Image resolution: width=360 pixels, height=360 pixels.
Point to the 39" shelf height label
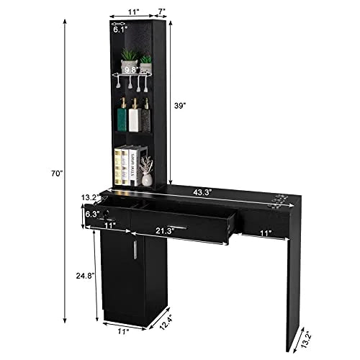click(x=182, y=104)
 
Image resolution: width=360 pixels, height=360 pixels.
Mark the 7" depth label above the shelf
click(x=163, y=11)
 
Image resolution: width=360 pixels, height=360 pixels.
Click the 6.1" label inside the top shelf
click(x=120, y=31)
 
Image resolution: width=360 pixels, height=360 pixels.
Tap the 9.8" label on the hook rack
click(x=132, y=70)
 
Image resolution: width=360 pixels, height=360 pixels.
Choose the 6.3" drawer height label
click(x=91, y=213)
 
